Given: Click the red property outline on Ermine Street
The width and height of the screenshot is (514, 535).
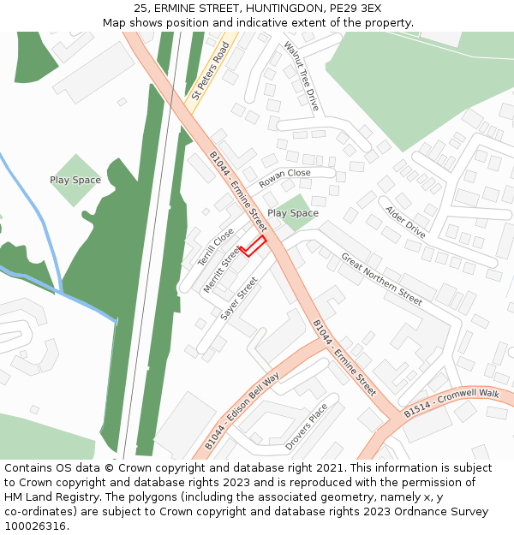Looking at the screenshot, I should coord(253,247).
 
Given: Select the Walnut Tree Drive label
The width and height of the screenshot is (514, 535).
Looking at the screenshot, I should coord(301,76).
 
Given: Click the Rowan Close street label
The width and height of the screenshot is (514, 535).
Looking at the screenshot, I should coord(284,178).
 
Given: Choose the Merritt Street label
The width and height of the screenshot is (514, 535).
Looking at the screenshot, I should coord(222,270).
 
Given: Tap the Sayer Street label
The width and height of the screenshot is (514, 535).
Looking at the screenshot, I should coord(239,299).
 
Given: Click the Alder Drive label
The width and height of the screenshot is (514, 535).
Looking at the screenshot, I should coord(405,222).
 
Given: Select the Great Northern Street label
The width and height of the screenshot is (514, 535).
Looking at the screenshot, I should coord(381,279).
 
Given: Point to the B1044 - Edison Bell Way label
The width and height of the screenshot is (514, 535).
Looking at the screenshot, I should coord(242,412).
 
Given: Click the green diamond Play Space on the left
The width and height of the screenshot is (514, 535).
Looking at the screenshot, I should coord(75,180).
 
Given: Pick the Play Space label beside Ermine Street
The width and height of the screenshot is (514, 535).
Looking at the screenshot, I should coord(293,213).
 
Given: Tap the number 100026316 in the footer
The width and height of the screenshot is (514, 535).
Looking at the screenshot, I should coord(36,526).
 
